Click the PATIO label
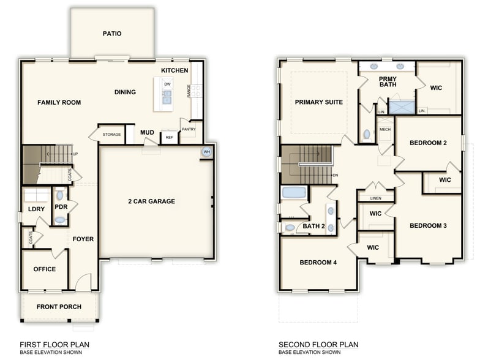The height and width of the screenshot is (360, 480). (x=111, y=34)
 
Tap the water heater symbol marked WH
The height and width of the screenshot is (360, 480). (x=206, y=152)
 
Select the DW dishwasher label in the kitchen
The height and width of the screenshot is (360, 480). (x=167, y=84)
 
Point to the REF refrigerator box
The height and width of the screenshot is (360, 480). (x=169, y=138)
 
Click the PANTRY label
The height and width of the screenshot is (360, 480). (x=188, y=129)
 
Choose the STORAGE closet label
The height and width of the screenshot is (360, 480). (x=111, y=134)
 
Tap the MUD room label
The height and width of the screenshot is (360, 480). (x=147, y=132)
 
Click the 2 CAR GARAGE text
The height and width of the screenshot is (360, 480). (x=151, y=201)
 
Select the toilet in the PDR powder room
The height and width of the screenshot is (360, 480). (x=59, y=195)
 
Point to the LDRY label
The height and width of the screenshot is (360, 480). (x=37, y=209)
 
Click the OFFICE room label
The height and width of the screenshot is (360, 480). (x=44, y=269)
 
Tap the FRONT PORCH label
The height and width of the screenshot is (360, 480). (x=59, y=307)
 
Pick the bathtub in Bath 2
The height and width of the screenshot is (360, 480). (x=294, y=193)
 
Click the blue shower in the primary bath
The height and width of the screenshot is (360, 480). (x=402, y=108)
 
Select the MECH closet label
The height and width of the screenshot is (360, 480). (x=384, y=130)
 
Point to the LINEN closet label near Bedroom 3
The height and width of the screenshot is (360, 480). (x=376, y=198)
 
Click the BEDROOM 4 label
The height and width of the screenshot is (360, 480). (x=318, y=263)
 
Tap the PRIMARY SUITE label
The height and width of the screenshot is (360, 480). (x=319, y=102)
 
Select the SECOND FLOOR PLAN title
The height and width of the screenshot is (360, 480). (x=318, y=345)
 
